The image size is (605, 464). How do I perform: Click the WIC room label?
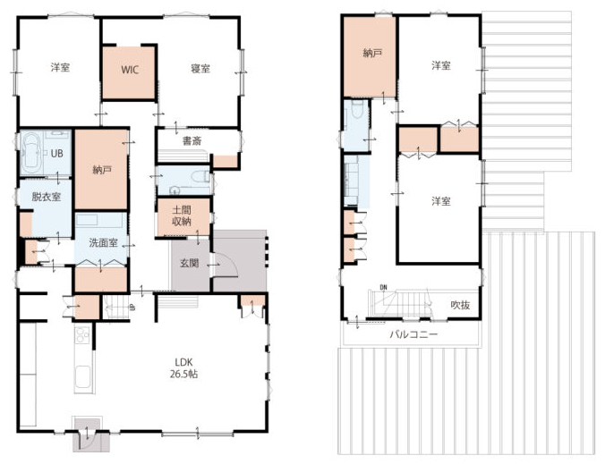[130, 70]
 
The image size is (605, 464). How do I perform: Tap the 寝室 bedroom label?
[200, 69]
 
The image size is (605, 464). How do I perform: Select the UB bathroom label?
[56, 154]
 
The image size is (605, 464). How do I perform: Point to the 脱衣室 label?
[46, 197]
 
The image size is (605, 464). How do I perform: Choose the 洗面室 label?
[104, 243]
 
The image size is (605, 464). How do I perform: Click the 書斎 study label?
[192, 141]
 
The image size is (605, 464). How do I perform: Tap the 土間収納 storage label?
[182, 215]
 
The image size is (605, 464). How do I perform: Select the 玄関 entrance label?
[190, 263]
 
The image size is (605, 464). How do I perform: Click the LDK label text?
[183, 362]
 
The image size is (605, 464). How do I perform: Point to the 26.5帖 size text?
[184, 374]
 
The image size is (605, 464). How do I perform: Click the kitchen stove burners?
[82, 334]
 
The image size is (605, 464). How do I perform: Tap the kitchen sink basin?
[83, 377]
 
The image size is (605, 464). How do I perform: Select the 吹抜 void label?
[460, 305]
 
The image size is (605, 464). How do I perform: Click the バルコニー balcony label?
[413, 333]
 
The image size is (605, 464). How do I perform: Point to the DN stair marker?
[383, 287]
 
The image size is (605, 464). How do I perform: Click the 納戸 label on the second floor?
[372, 53]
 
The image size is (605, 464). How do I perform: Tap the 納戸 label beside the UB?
[102, 170]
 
